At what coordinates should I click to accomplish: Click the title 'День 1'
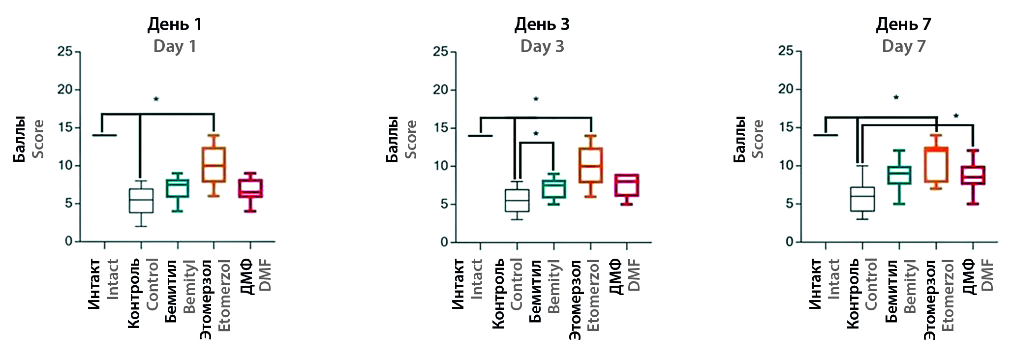click(175, 24)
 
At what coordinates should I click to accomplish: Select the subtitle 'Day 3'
click(542, 46)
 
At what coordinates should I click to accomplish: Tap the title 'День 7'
click(904, 24)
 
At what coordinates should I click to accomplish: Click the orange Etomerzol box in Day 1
click(214, 165)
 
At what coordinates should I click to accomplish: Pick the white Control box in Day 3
click(517, 201)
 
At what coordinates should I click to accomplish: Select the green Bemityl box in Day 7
click(899, 175)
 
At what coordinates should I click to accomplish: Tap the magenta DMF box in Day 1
click(250, 188)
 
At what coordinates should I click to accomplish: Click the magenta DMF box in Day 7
click(973, 175)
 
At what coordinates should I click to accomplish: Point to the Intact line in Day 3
click(480, 135)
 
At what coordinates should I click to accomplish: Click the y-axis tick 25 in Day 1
click(65, 52)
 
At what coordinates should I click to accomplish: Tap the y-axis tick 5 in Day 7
click(790, 204)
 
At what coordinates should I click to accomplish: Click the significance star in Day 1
click(156, 99)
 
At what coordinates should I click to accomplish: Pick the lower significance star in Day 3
click(536, 134)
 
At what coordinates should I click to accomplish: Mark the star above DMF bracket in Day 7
click(956, 116)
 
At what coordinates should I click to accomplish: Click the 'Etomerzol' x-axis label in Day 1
click(224, 295)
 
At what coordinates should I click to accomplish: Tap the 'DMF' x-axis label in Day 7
click(988, 275)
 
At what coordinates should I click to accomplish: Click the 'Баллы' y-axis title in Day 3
click(392, 139)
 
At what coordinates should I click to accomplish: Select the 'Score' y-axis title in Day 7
click(758, 139)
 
